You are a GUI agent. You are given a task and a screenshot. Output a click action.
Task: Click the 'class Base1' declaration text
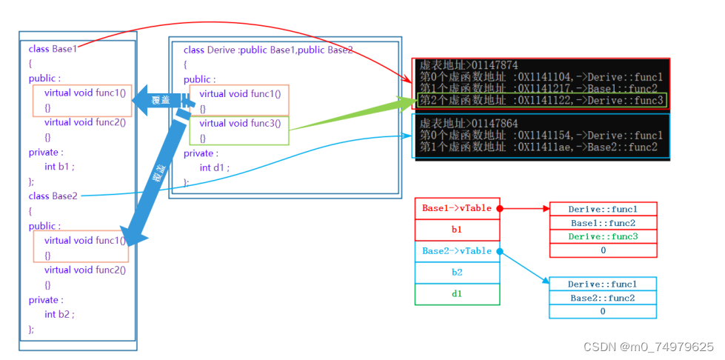[x=52, y=49]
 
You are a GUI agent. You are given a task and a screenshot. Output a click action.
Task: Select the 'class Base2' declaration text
[x=52, y=196]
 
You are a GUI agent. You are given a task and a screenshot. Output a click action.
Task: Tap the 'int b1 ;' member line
[x=59, y=167]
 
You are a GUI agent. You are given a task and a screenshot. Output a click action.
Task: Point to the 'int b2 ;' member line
[x=59, y=314]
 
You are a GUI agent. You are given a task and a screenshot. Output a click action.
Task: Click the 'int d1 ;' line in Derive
[x=214, y=167]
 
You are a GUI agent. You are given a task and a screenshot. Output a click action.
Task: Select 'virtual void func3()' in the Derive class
[x=240, y=123]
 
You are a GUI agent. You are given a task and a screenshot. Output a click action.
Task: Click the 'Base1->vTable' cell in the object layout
[x=456, y=208]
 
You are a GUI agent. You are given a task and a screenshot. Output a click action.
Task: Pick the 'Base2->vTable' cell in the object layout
[x=456, y=251]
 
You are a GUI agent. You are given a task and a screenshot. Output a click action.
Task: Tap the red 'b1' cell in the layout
[x=457, y=230]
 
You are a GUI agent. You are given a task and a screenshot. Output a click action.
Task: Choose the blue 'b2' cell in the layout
[x=457, y=273]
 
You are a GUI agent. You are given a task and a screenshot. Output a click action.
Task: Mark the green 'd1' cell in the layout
[x=457, y=294]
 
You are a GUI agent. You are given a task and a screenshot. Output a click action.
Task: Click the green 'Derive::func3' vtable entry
[x=602, y=237]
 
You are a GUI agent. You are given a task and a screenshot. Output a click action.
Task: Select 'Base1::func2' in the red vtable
[x=602, y=223]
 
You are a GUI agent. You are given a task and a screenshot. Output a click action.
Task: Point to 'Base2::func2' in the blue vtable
[x=602, y=298]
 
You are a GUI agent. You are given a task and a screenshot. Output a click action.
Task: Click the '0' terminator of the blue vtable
[x=602, y=312]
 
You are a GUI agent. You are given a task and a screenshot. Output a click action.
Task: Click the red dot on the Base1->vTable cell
[x=500, y=209]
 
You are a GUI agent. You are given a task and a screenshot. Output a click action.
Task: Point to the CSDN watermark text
[x=649, y=347]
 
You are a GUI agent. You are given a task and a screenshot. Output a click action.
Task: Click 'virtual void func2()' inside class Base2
[x=84, y=270]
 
